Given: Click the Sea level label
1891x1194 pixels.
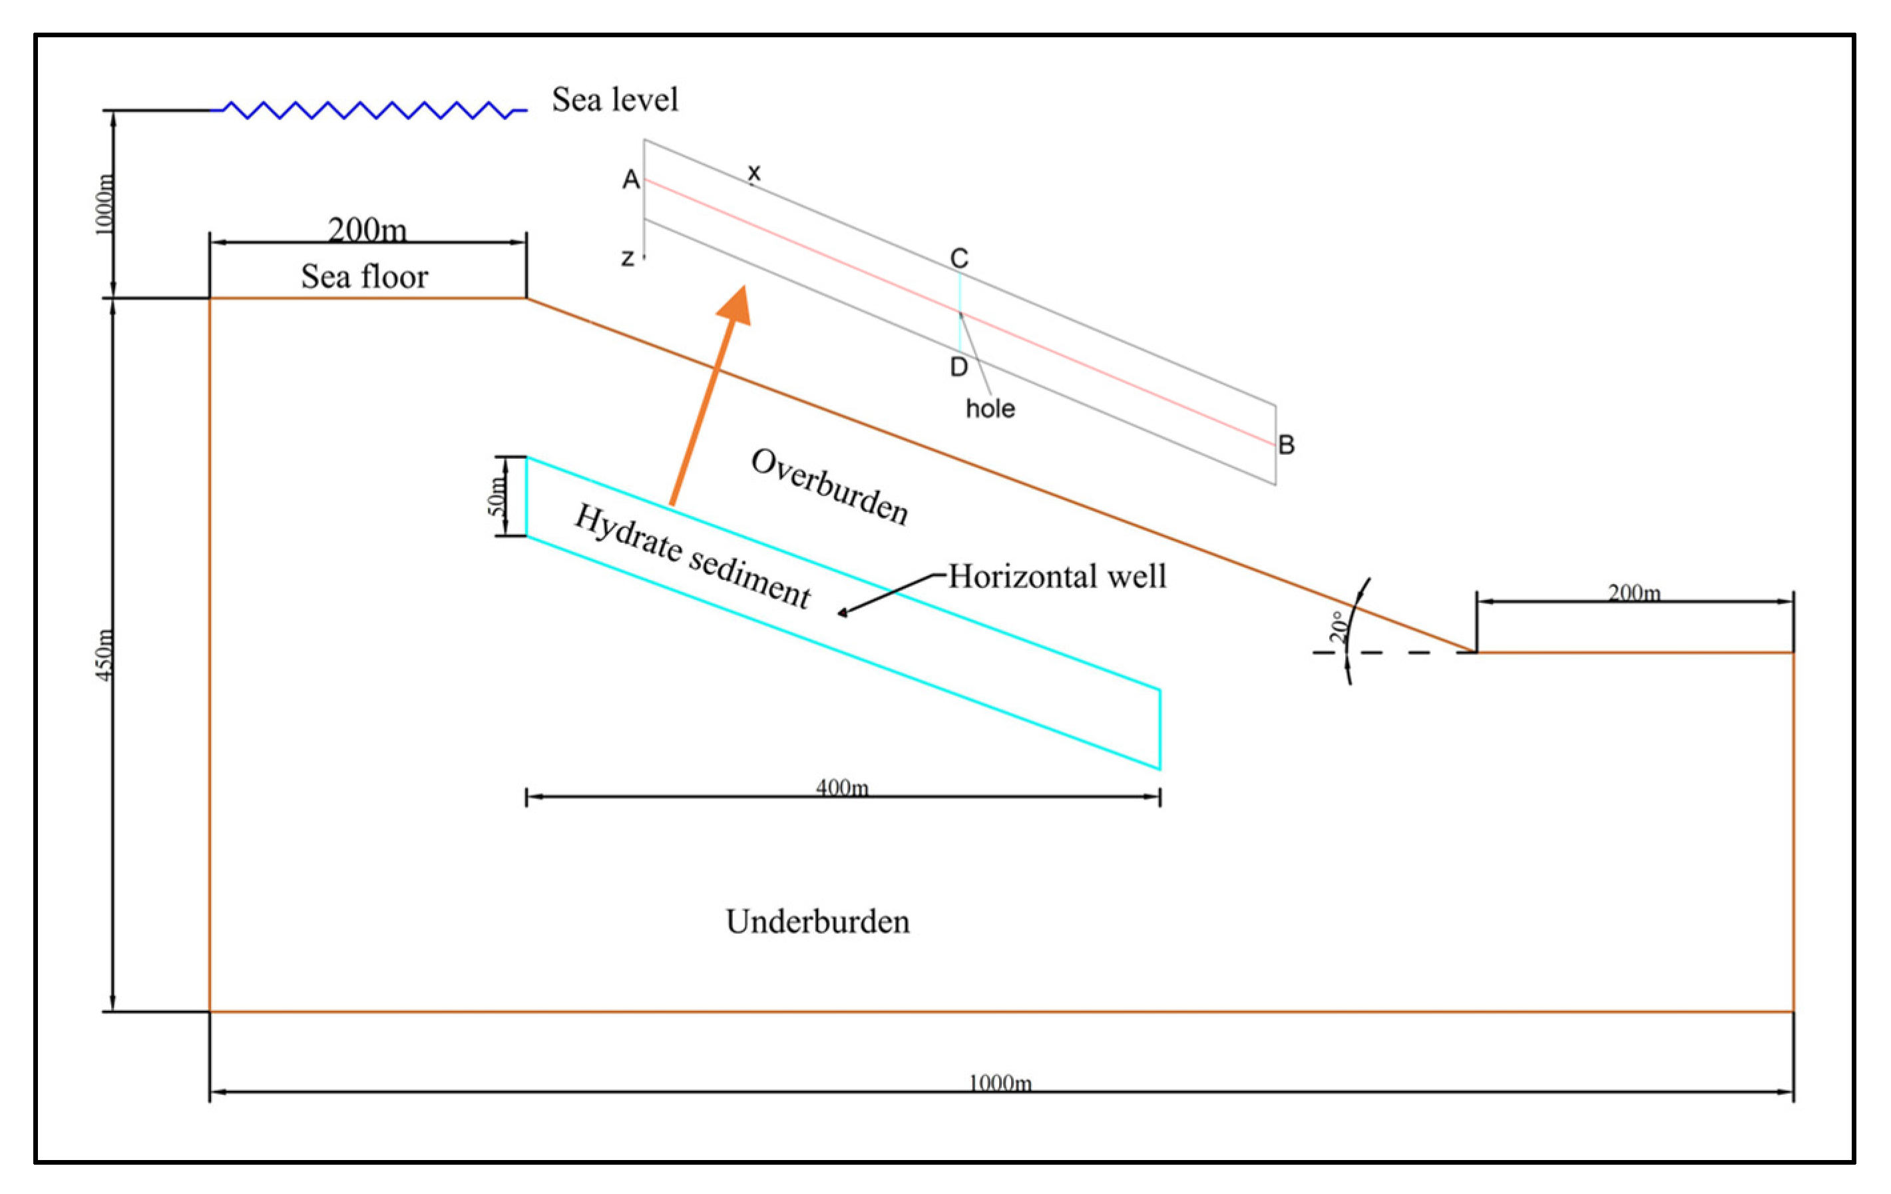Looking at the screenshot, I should click(614, 100).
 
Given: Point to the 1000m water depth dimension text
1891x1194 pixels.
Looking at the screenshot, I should click(105, 204).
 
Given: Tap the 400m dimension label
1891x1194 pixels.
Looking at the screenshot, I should click(842, 787).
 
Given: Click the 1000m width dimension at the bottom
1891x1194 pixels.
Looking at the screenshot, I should click(1000, 1083).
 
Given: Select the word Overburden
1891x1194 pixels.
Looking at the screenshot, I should click(829, 487).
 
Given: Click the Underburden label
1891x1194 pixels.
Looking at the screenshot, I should click(817, 922).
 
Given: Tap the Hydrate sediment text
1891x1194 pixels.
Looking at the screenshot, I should click(692, 556).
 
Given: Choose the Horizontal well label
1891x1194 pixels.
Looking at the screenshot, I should click(1057, 577).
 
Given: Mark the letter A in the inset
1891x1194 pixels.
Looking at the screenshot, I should click(630, 180).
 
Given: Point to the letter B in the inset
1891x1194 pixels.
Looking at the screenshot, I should click(1285, 445).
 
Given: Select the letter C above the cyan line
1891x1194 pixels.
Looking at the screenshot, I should click(959, 258).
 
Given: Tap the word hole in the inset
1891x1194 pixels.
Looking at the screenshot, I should click(990, 408).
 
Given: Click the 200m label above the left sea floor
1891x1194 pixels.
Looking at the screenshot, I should click(367, 230).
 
